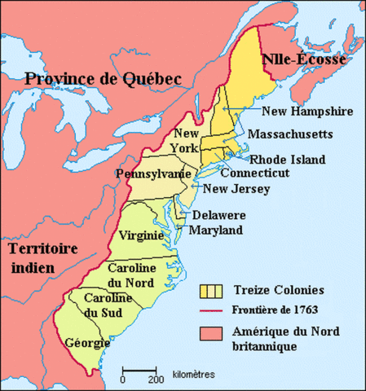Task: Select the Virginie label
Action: tap(143, 235)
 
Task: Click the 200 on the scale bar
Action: tap(152, 379)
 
